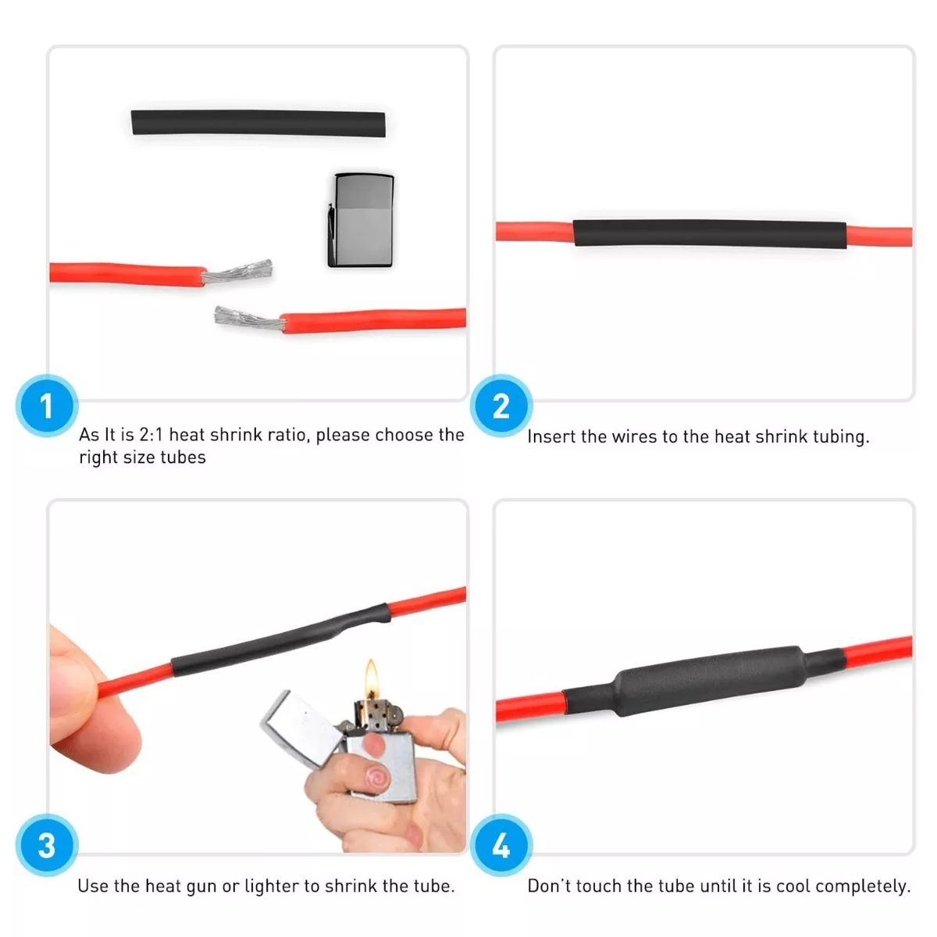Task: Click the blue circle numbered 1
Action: tap(47, 405)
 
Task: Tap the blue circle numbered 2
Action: tap(501, 405)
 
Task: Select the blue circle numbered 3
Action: tap(47, 845)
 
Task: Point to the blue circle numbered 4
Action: tap(501, 845)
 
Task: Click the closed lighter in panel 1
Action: tap(361, 219)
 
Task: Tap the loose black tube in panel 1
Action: tap(258, 123)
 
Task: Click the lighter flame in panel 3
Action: tap(372, 679)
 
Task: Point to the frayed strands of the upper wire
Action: tap(237, 271)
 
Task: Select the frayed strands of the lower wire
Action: tap(249, 319)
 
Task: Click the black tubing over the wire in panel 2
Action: tap(710, 234)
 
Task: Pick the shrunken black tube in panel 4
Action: tap(704, 681)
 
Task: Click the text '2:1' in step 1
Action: tap(151, 434)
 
